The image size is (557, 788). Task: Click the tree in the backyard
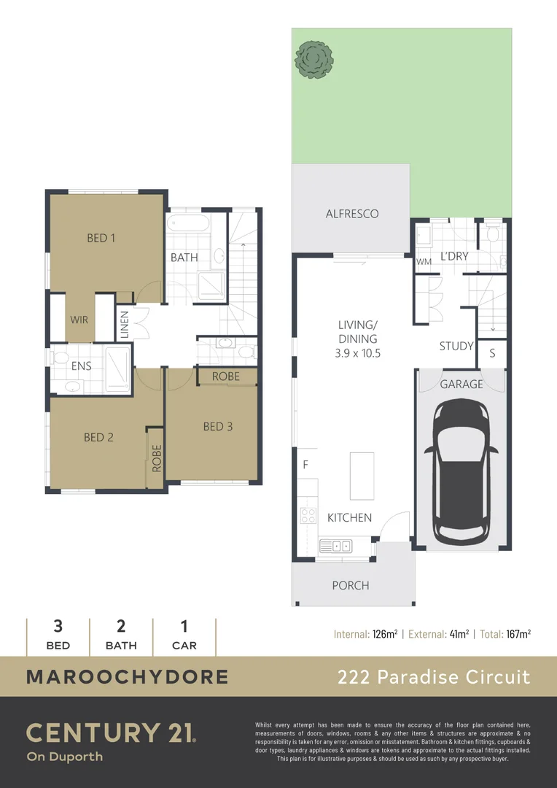tap(313, 58)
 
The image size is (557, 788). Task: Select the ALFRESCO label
tap(352, 214)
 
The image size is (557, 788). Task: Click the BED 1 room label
tap(101, 237)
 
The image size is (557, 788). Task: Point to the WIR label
tap(79, 320)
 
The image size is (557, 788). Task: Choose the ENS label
tap(81, 366)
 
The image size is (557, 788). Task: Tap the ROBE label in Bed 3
tap(226, 376)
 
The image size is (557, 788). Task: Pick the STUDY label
tap(456, 346)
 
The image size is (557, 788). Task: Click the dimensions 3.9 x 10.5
tap(357, 352)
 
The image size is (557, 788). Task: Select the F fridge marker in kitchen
tap(305, 464)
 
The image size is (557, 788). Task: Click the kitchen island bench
tap(362, 476)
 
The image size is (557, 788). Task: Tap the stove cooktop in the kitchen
tap(308, 515)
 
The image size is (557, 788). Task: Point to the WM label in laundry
tap(424, 261)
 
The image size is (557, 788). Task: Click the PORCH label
tap(351, 585)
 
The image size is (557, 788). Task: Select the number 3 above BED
tap(58, 626)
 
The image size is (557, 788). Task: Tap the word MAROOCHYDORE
tap(127, 676)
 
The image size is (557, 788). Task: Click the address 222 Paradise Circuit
tap(434, 676)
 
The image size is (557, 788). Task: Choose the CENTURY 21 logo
tap(111, 733)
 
